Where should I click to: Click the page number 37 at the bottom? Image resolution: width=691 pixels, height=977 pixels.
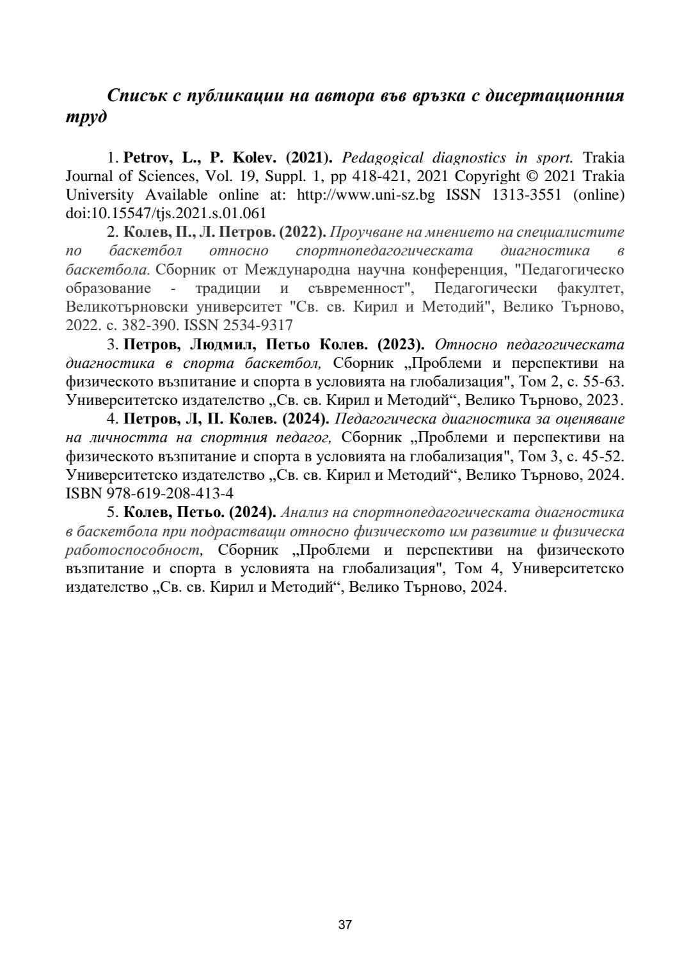tap(345, 924)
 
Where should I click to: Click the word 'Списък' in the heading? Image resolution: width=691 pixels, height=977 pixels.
tap(135, 96)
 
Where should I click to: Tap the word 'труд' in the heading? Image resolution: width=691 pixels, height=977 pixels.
tap(86, 118)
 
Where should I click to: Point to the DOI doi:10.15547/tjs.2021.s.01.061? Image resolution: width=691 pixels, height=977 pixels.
tap(166, 213)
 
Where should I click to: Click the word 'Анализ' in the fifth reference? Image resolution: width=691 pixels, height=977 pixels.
tap(305, 512)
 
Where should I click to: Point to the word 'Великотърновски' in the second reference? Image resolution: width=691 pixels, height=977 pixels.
tap(123, 306)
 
